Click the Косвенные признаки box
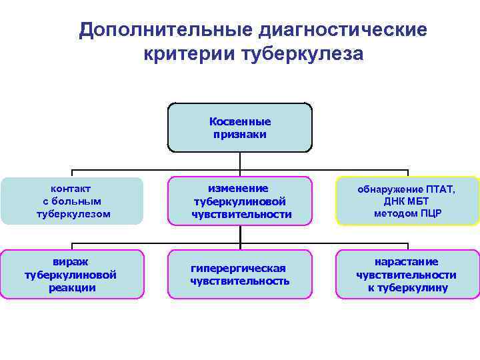pyautogui.click(x=239, y=128)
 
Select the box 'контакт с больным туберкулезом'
pyautogui.click(x=72, y=201)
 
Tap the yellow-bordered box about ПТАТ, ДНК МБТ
pyautogui.click(x=407, y=201)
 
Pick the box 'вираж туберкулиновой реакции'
pyautogui.click(x=72, y=274)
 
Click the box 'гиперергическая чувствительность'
pyautogui.click(x=239, y=274)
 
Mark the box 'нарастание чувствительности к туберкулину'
pyautogui.click(x=407, y=274)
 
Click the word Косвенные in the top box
pyautogui.click(x=240, y=122)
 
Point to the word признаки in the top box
pyautogui.click(x=240, y=134)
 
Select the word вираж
pyautogui.click(x=71, y=261)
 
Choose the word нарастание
pyautogui.click(x=407, y=261)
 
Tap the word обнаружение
pyautogui.click(x=387, y=189)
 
